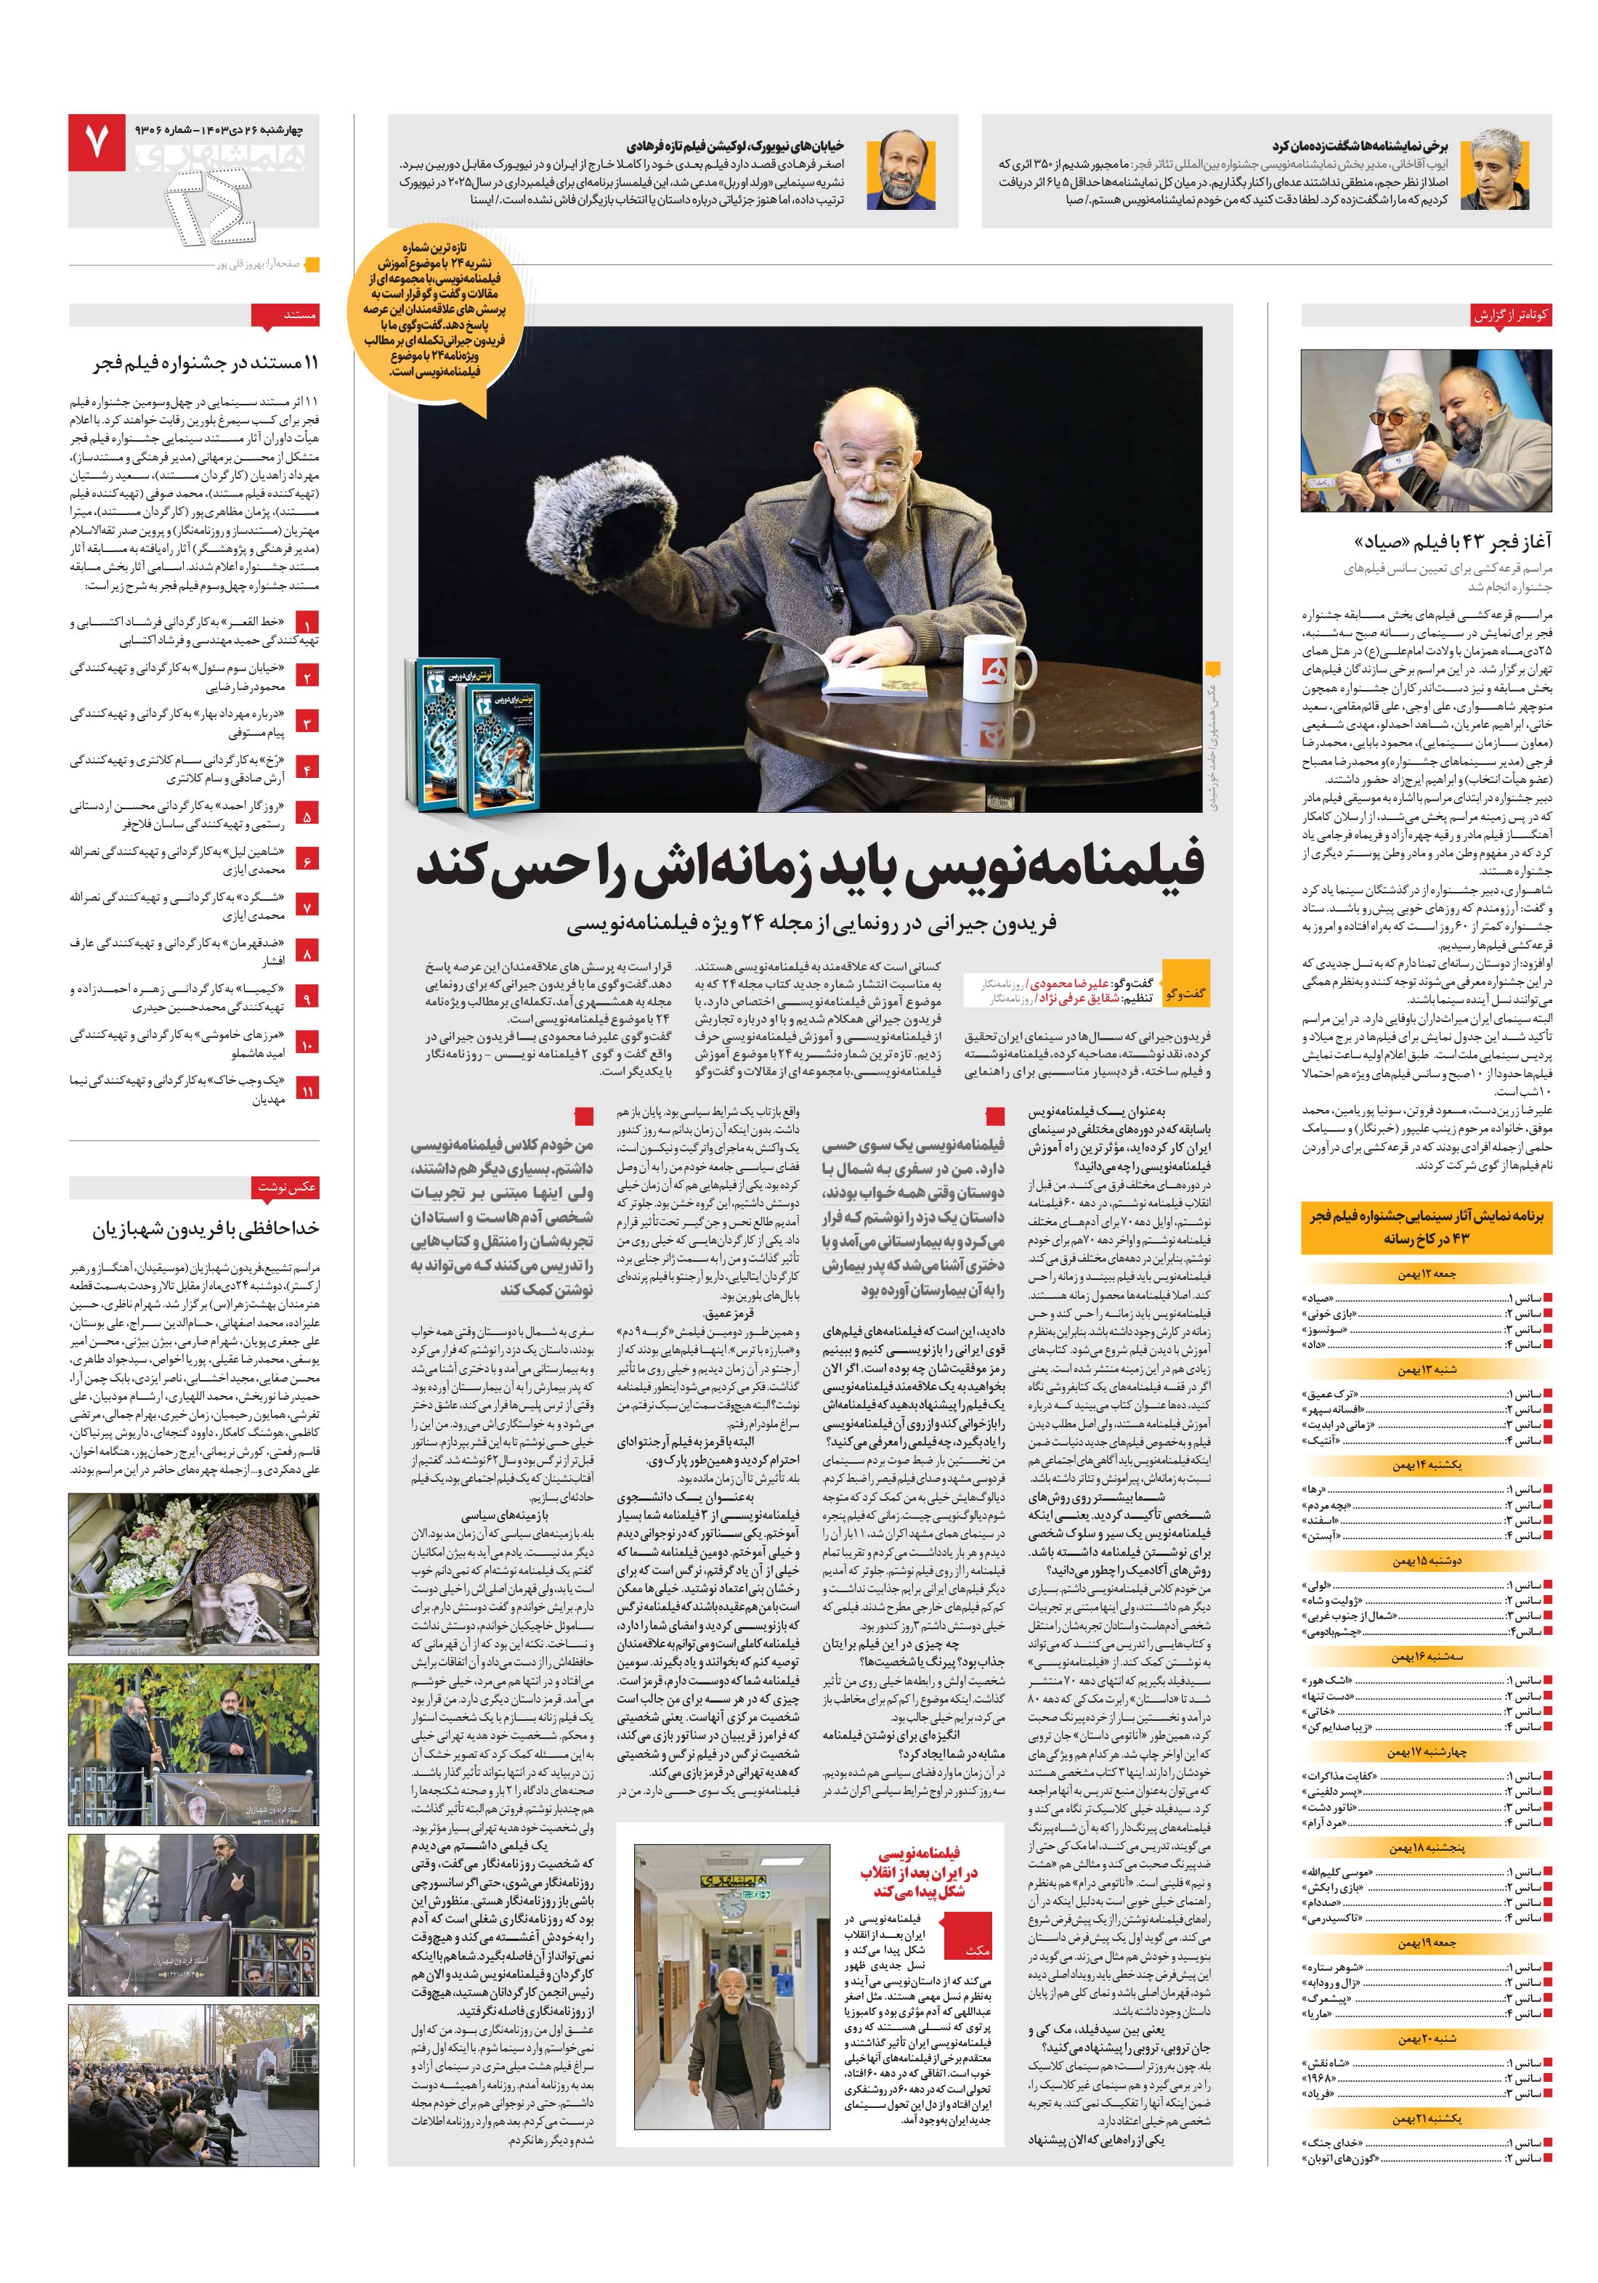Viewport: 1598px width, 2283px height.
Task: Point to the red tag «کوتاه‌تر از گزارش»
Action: pyautogui.click(x=1512, y=315)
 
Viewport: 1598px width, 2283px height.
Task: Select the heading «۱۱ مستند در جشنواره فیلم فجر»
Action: pyautogui.click(x=207, y=363)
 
